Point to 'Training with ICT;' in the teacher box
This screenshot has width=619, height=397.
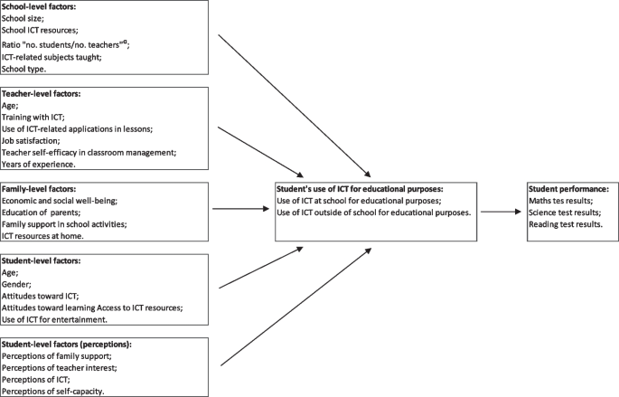34,117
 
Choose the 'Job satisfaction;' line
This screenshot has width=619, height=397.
33,141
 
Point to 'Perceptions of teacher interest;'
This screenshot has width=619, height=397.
61,368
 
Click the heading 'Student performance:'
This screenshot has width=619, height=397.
567,188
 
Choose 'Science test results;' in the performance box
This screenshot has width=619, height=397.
566,212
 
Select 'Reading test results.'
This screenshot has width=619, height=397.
567,224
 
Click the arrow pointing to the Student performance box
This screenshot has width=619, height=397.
501,212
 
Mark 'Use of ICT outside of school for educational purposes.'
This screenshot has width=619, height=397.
373,212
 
